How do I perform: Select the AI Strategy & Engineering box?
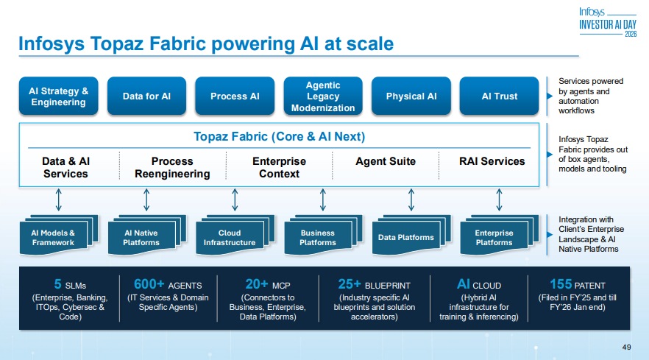click(x=58, y=96)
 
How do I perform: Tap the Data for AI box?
click(x=146, y=96)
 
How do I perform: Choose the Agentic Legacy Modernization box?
click(x=323, y=96)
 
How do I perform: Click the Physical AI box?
click(x=411, y=96)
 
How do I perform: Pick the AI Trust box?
click(x=500, y=96)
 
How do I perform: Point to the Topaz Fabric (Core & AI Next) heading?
click(x=279, y=137)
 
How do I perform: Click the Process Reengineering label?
click(x=172, y=167)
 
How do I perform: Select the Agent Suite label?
click(x=386, y=161)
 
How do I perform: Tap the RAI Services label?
click(x=492, y=161)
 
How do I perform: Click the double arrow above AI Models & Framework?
click(x=59, y=199)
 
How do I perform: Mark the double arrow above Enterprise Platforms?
click(x=500, y=199)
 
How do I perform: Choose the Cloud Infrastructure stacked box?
click(x=230, y=237)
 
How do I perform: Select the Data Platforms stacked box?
click(x=405, y=237)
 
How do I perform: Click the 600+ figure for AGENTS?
click(x=149, y=284)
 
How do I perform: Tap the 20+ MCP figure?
click(x=256, y=284)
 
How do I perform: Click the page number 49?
click(x=627, y=347)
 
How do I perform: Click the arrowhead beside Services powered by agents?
click(x=548, y=96)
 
